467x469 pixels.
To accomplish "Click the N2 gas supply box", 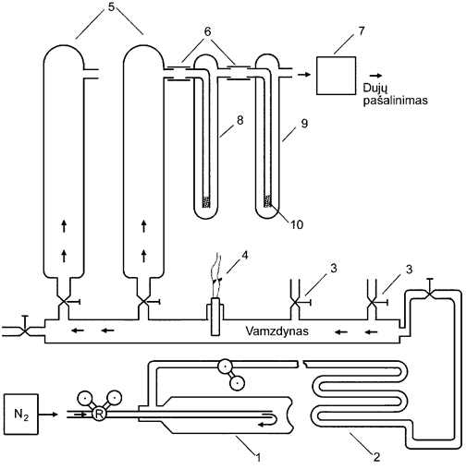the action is [21, 415].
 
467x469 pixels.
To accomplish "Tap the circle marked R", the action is [99, 415].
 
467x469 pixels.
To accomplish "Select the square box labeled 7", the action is [337, 76].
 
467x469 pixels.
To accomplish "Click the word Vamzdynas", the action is [277, 331].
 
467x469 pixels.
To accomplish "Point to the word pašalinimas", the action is [395, 101].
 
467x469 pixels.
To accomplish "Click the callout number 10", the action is [297, 224].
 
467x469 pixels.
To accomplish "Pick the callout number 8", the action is [240, 120].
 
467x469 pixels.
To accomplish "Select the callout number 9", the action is [304, 124].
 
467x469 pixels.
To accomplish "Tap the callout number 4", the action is [245, 255].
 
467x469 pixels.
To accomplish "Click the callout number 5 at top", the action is [111, 7].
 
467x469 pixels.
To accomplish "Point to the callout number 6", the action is [208, 31].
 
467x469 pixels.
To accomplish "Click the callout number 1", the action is [258, 458].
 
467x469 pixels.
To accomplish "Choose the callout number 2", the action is [376, 457].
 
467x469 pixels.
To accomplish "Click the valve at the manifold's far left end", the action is [25, 331].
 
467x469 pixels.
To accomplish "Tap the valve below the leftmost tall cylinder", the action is [64, 302].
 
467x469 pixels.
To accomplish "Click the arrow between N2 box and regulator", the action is [48, 415].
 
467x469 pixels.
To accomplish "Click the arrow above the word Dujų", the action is [375, 75].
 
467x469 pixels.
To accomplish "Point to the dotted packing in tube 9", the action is [268, 201].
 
